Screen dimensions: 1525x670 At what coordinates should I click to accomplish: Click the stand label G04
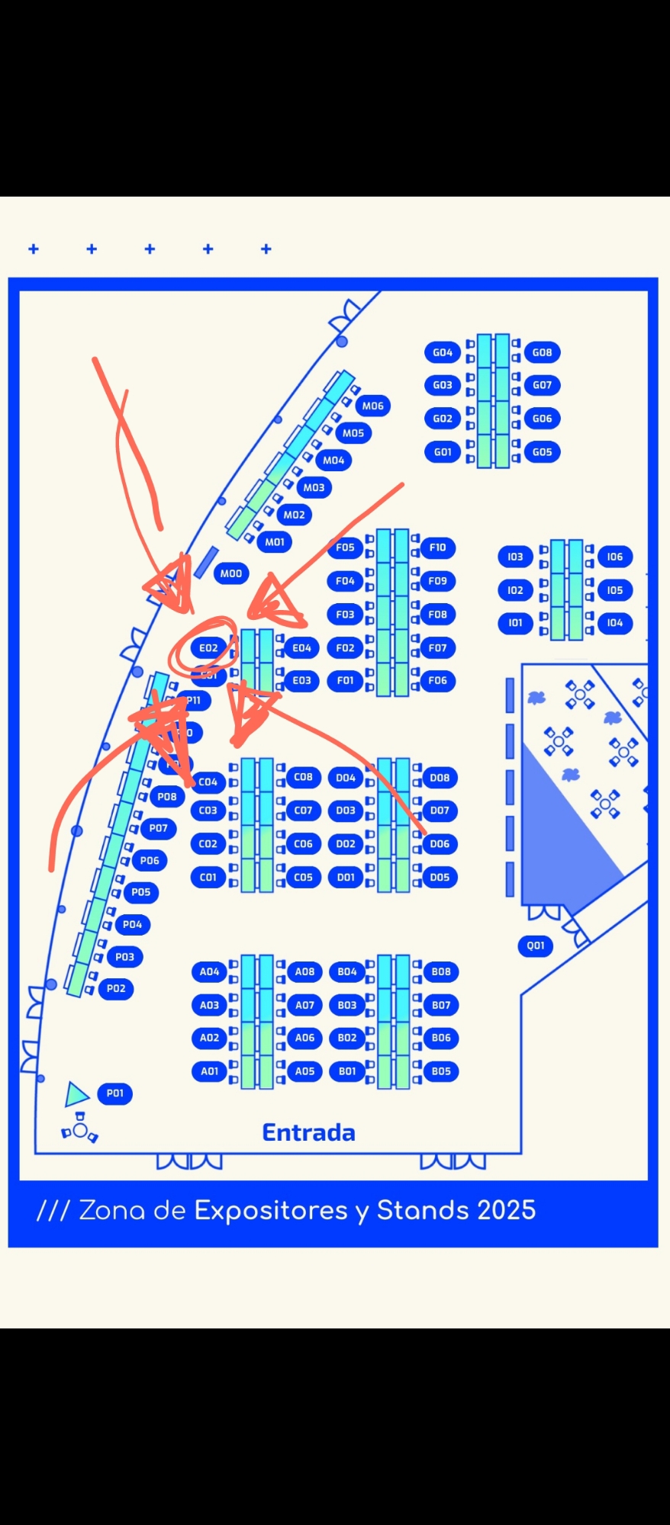[x=443, y=352]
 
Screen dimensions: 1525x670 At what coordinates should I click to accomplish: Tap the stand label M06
[x=372, y=406]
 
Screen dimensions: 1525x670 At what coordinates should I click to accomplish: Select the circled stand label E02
[x=208, y=648]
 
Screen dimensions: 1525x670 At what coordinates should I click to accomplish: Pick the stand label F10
[x=437, y=547]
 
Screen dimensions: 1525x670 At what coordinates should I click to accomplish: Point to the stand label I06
[x=614, y=557]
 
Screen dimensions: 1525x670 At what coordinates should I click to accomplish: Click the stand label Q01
[x=536, y=945]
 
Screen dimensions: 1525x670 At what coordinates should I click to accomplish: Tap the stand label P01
[x=114, y=1093]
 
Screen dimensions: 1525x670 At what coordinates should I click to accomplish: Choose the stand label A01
[x=209, y=1071]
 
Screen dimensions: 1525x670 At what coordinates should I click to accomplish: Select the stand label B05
[x=441, y=1071]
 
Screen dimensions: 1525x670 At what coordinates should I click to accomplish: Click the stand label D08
[x=440, y=778]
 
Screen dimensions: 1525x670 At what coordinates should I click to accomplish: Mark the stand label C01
[x=208, y=877]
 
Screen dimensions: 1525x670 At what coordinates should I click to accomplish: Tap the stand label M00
[x=230, y=573]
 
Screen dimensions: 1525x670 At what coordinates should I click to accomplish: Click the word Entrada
[x=309, y=1132]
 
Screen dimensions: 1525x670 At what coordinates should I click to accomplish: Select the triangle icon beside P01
[x=76, y=1094]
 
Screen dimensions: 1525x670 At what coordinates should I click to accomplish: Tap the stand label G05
[x=542, y=451]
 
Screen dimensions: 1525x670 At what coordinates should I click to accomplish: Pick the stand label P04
[x=132, y=924]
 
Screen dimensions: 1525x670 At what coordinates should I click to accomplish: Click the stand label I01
[x=515, y=623]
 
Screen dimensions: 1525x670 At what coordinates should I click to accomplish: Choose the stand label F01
[x=345, y=681]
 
